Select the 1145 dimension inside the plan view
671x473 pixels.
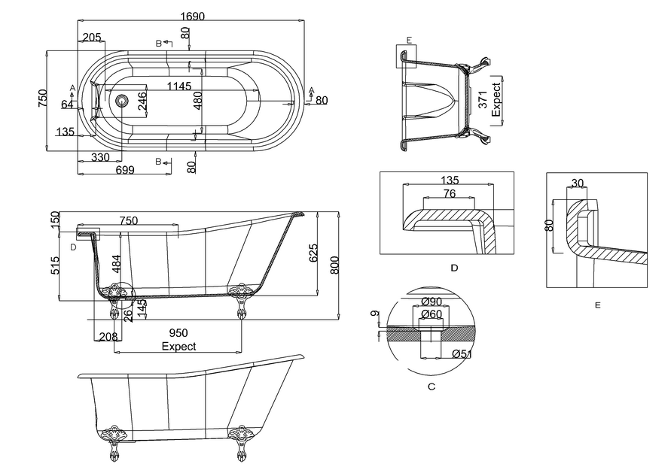click(x=179, y=86)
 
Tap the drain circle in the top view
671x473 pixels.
click(x=121, y=99)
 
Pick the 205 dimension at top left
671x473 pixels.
click(x=92, y=38)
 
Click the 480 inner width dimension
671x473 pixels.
click(x=197, y=101)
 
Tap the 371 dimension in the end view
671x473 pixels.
click(x=480, y=99)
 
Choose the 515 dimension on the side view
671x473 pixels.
click(x=54, y=265)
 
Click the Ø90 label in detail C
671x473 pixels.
click(x=432, y=302)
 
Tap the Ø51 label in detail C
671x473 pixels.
click(x=461, y=354)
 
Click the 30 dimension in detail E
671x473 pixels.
click(x=578, y=183)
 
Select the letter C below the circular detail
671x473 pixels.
click(x=431, y=387)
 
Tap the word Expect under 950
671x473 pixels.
click(x=178, y=346)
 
